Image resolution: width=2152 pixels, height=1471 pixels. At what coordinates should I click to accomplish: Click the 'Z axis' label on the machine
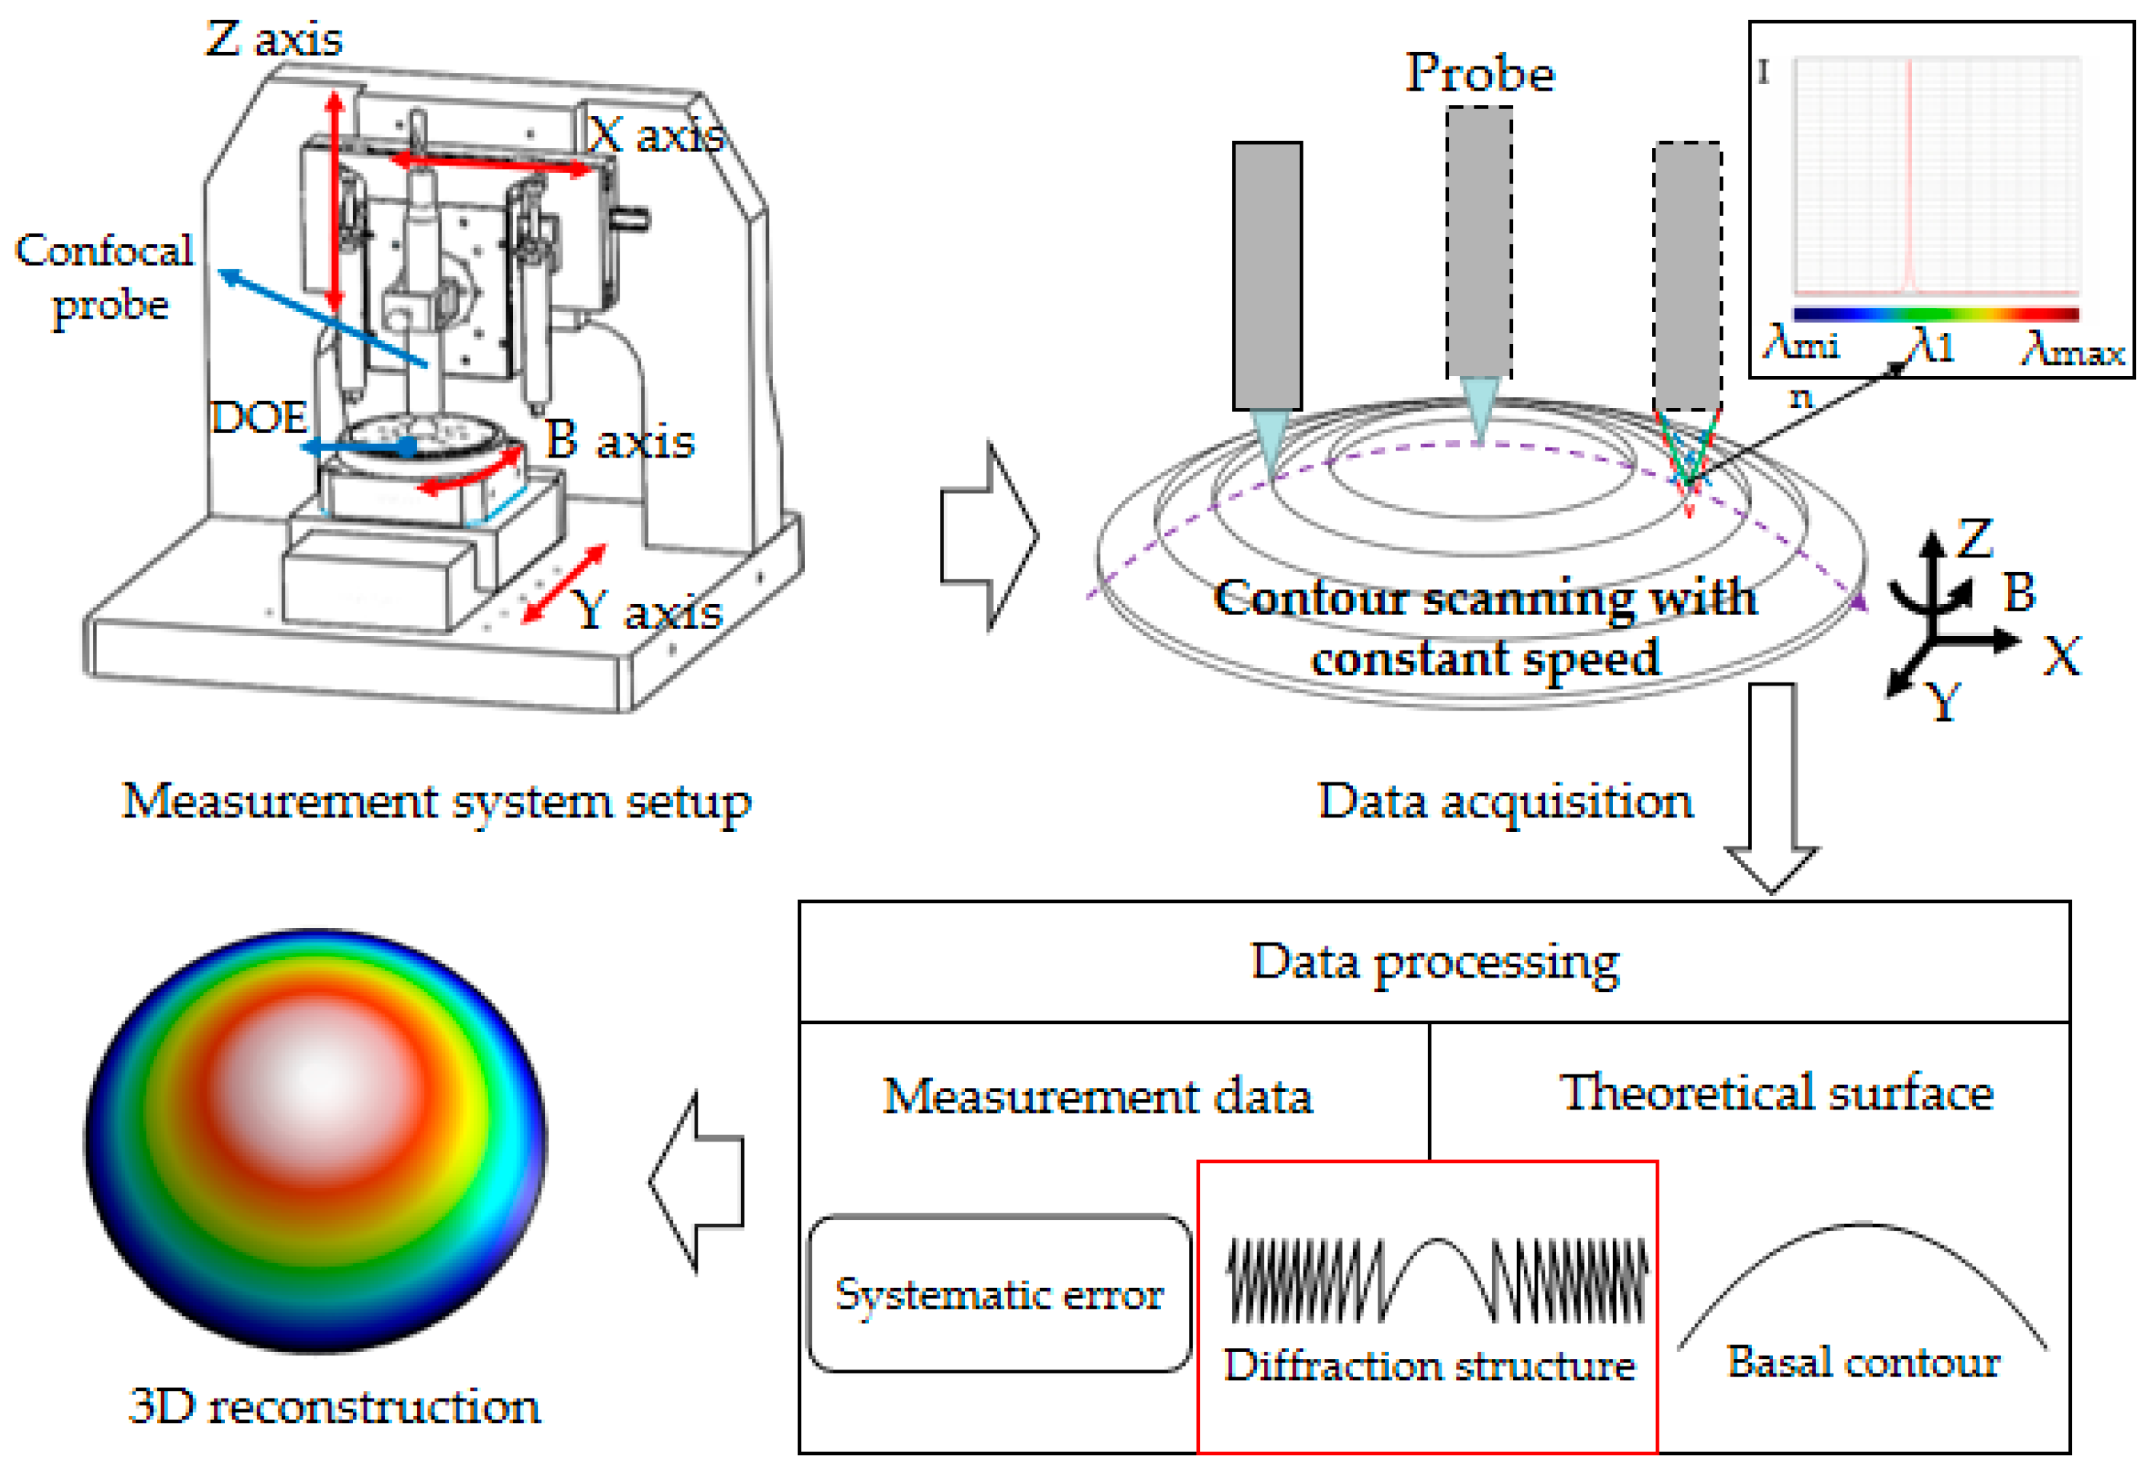[274, 39]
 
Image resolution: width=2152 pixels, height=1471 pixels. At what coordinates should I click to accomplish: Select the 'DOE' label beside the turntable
[258, 418]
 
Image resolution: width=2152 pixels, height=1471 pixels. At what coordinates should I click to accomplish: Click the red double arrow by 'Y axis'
[563, 583]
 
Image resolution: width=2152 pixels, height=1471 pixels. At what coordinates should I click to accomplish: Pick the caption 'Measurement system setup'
[436, 802]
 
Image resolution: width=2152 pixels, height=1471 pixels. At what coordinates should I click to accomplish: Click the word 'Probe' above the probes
[1480, 73]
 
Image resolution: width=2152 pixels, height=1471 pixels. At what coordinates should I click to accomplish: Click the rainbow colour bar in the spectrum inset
[1936, 314]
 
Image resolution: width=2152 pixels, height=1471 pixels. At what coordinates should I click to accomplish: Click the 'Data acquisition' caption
[1506, 802]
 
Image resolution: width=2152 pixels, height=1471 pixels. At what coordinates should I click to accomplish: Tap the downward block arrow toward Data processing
[1772, 788]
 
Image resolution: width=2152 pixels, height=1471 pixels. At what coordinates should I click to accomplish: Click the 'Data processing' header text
[1435, 962]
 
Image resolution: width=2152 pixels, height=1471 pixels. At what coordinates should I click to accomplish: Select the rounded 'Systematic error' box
[999, 1294]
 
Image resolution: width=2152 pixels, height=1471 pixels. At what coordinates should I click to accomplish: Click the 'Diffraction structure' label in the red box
[1429, 1367]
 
